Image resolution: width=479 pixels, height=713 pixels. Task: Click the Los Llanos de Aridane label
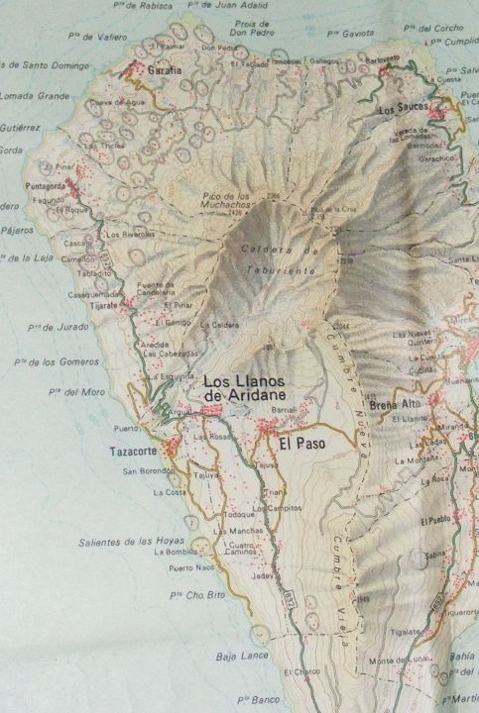point(244,388)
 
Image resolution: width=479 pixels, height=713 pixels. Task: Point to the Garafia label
point(164,71)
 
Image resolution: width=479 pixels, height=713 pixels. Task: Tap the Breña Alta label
point(395,404)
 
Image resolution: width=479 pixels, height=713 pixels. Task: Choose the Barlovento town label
point(386,58)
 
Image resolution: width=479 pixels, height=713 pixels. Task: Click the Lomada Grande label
point(35,96)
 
